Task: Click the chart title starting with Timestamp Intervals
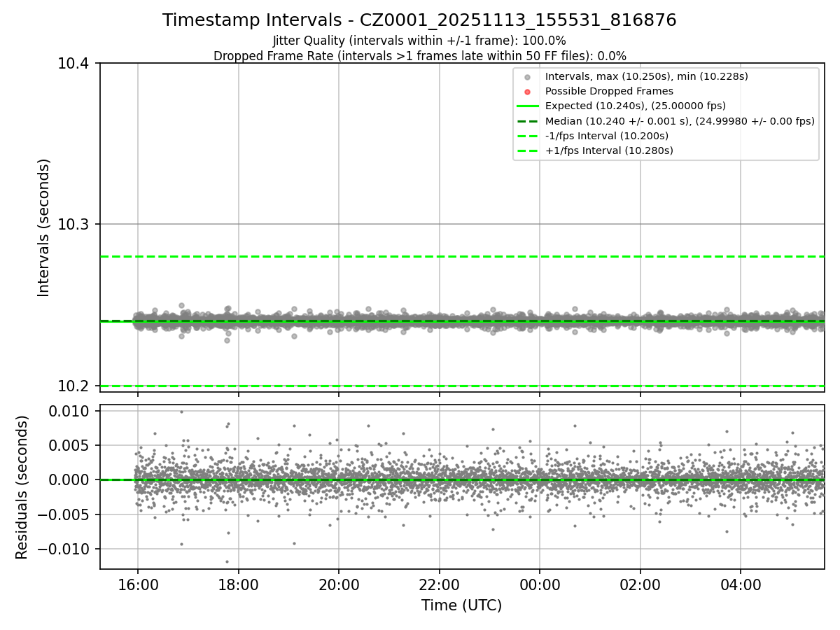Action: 419,20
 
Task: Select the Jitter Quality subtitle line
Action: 419,41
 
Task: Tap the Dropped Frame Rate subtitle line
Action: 419,56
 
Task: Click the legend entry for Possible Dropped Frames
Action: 609,91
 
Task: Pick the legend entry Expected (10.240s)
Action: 635,106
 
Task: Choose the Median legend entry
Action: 680,121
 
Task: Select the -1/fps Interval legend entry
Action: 607,136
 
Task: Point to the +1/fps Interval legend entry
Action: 609,150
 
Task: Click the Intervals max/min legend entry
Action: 647,76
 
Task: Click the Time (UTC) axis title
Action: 461,605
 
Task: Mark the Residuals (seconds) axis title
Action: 22,487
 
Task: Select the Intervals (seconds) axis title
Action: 44,227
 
